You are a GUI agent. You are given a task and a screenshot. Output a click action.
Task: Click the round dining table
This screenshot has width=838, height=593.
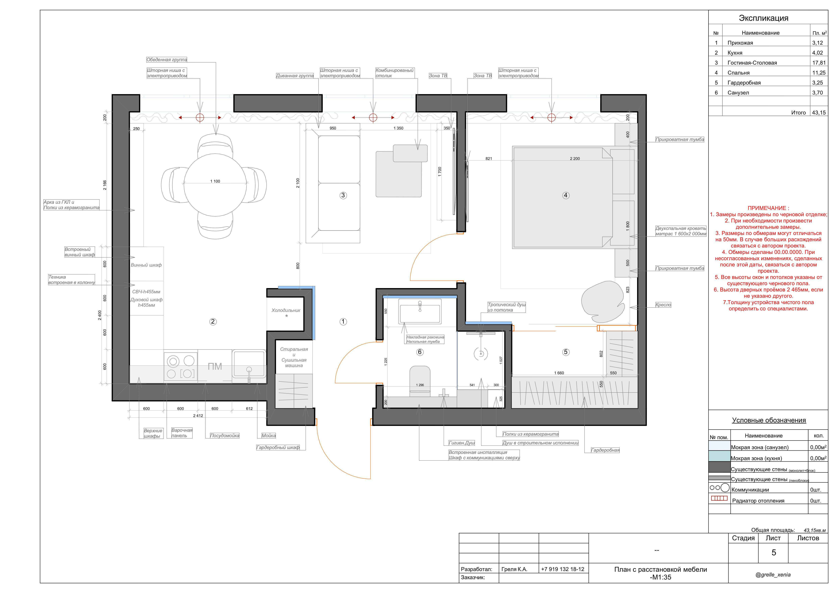215,185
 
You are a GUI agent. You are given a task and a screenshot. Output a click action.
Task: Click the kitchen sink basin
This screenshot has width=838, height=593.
249,364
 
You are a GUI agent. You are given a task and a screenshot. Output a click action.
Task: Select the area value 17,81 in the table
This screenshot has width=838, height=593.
819,63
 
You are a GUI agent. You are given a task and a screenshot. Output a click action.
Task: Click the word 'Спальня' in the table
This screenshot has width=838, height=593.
738,73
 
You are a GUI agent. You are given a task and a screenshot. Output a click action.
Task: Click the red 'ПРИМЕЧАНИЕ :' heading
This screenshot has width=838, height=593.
768,208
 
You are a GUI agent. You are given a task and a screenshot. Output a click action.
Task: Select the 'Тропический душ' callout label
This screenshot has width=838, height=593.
507,305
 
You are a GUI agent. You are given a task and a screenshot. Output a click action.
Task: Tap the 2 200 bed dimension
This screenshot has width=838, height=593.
575,158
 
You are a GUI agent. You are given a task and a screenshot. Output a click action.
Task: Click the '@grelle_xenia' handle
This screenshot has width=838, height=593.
773,574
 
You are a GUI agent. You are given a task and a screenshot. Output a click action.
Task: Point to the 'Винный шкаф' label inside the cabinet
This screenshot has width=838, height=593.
146,265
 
